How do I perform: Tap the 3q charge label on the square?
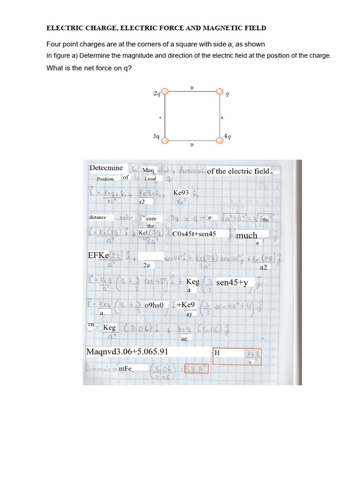click(x=157, y=136)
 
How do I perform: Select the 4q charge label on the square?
click(x=227, y=136)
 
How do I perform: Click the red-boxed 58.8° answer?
click(x=196, y=369)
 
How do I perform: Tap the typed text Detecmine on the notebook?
click(x=106, y=168)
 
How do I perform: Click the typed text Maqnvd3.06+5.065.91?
click(x=127, y=352)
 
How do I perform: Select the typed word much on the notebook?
click(x=247, y=235)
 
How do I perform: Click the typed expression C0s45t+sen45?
click(x=194, y=233)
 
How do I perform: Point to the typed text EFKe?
click(x=98, y=255)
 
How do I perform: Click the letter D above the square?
click(x=192, y=88)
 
